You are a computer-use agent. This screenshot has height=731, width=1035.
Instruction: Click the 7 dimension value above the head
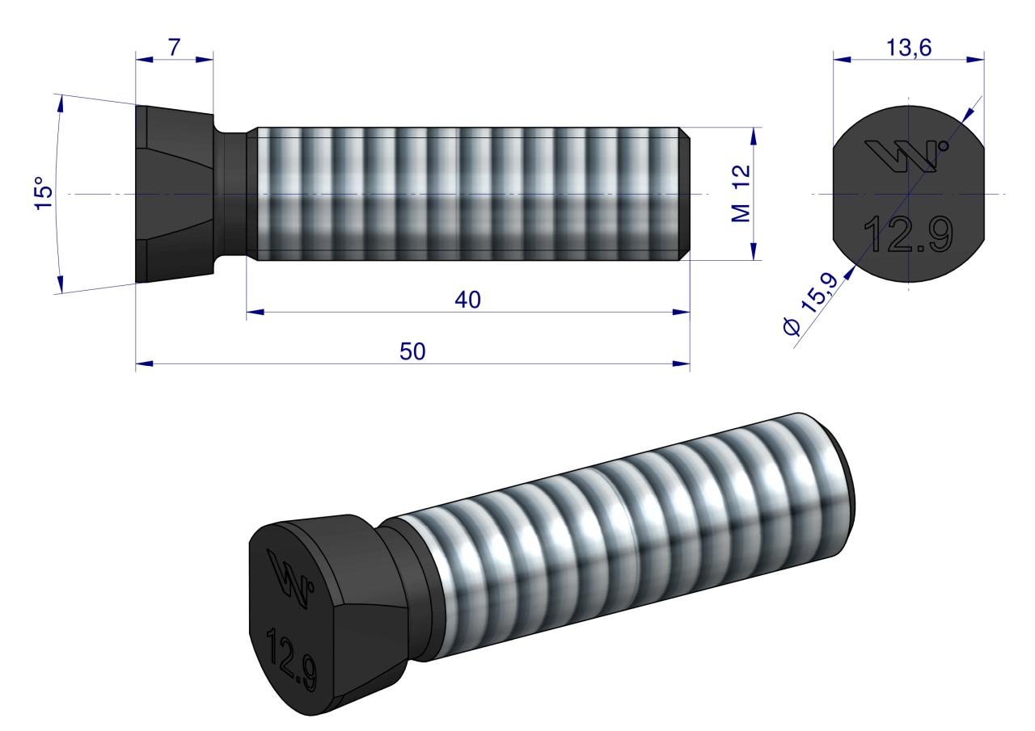[174, 48]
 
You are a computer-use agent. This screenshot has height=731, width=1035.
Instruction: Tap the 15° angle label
[44, 193]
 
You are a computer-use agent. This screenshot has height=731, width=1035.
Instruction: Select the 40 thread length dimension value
[467, 300]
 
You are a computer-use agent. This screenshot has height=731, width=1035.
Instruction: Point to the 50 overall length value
[412, 351]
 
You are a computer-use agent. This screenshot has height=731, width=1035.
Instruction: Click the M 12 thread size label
[741, 194]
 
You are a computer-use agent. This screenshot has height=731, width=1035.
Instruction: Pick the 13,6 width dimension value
[909, 48]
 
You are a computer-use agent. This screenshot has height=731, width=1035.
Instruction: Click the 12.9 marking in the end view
[908, 235]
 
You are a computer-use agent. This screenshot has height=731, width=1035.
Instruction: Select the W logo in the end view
[906, 156]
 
